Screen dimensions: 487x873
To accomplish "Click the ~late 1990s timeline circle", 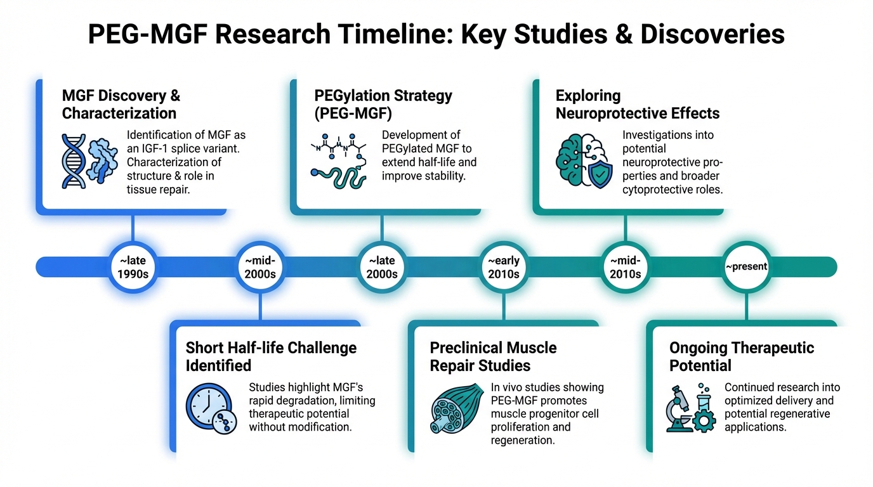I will click(132, 267).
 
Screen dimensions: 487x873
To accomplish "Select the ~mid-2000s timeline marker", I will click(260, 267).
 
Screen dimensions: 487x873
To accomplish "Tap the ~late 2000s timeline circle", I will click(381, 267).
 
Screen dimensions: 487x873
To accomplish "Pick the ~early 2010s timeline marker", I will click(504, 267).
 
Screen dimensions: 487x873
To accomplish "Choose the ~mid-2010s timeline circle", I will click(626, 267).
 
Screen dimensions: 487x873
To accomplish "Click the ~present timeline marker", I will click(746, 267).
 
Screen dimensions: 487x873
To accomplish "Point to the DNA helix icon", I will click(75, 160).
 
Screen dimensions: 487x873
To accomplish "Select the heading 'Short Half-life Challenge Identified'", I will click(271, 356).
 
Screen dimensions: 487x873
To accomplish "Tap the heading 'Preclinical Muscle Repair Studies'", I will click(493, 356).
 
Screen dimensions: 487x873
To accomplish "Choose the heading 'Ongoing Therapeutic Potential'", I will click(742, 356).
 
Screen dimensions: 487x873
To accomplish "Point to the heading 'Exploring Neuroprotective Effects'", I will click(638, 105).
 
